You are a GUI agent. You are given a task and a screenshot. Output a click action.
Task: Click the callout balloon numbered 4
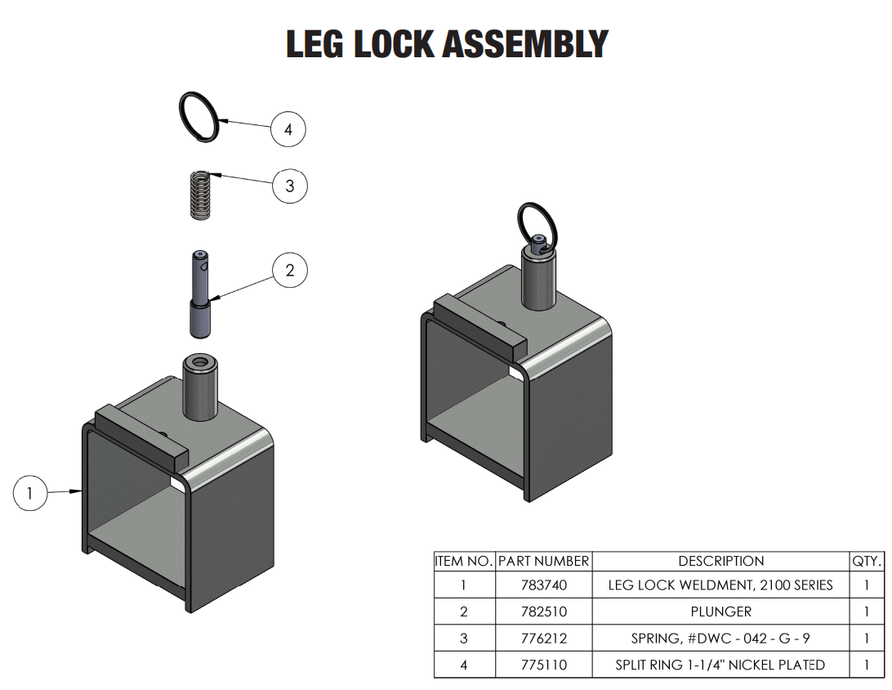coord(288,129)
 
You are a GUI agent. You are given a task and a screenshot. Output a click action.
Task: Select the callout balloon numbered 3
coord(289,186)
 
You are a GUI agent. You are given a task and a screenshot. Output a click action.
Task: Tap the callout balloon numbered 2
coord(290,270)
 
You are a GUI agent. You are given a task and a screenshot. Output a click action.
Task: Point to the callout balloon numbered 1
coord(30,493)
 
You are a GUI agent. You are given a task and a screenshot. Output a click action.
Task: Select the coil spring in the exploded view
coord(199,194)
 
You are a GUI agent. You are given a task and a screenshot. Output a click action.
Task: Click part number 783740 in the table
coord(543,585)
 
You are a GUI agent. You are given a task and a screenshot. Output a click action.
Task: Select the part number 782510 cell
coord(543,612)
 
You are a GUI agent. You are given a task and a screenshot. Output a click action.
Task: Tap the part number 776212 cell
coord(543,638)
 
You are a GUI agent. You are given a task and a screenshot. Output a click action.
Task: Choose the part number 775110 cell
coord(543,665)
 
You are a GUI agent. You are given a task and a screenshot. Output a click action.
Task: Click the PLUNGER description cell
coord(720,612)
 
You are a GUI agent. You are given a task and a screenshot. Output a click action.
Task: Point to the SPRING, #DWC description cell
coord(720,638)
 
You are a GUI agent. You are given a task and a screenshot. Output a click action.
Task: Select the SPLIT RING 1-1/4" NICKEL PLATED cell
coord(720,665)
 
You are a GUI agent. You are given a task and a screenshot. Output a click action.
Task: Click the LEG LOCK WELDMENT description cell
coord(720,585)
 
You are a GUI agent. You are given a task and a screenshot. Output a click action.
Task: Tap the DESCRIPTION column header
coord(720,562)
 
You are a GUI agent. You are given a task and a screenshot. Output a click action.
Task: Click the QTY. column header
coord(867,562)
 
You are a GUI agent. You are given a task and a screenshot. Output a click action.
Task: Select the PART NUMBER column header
coord(543,562)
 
